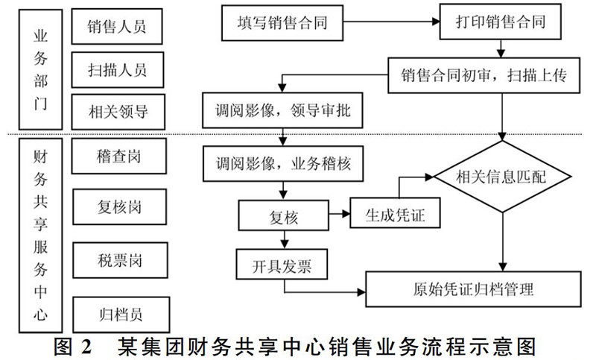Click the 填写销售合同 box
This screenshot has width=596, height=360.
282,23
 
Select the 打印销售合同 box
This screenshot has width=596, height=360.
500,22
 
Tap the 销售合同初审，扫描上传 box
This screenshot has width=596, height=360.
484,75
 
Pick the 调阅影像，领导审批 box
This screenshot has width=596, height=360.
282,110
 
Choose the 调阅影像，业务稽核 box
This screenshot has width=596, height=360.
283,164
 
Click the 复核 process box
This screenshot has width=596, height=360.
284,215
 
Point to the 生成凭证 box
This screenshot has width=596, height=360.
395,213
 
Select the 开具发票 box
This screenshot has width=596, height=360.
282,265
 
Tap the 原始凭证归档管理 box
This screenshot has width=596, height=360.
473,289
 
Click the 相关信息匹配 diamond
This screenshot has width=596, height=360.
502,177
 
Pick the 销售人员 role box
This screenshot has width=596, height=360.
117,27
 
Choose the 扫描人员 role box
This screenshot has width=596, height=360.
118,70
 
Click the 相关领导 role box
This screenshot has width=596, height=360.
118,112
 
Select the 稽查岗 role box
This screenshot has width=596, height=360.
119,157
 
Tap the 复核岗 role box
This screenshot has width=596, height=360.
120,207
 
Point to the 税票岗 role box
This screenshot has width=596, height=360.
120,260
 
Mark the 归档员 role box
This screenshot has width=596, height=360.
121,315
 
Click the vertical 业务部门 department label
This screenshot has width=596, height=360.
41,69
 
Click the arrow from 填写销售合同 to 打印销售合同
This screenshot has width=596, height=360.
392,22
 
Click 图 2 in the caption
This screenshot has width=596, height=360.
72,347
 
